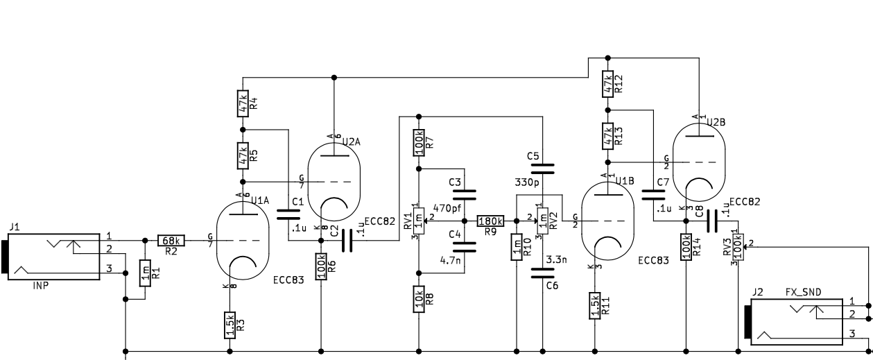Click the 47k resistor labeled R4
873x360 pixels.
(243, 103)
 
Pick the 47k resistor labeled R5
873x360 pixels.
(243, 155)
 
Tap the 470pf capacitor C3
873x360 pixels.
(464, 194)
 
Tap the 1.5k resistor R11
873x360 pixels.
(595, 306)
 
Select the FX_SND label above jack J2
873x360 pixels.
(803, 292)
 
